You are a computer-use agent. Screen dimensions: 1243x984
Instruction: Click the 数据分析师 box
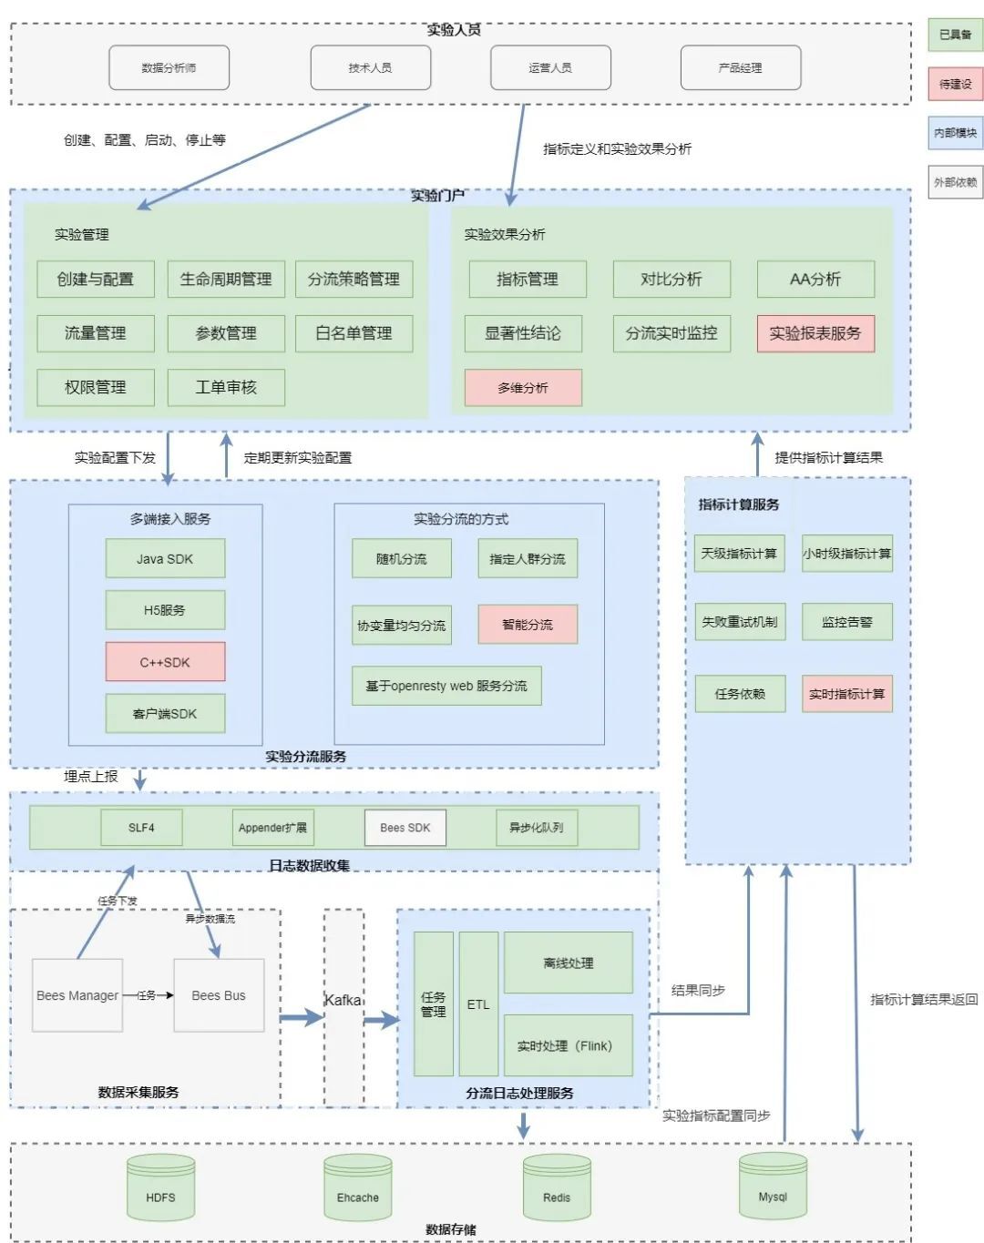click(169, 67)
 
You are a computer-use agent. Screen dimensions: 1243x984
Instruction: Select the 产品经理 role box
click(740, 67)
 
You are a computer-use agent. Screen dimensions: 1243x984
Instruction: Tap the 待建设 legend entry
click(955, 84)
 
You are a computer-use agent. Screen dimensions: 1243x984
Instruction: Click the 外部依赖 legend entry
click(955, 182)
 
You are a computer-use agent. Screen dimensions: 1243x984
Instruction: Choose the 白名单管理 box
click(354, 333)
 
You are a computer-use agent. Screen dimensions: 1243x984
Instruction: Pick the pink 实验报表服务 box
click(815, 333)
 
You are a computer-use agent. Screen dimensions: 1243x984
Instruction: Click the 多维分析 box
click(523, 388)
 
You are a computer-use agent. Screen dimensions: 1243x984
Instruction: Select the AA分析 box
click(815, 279)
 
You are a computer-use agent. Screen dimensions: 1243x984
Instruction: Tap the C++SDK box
click(165, 662)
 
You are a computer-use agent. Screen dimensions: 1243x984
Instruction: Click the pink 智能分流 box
click(528, 625)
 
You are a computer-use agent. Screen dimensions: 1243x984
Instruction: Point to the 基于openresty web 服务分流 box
click(446, 686)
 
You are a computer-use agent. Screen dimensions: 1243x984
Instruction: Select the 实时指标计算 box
click(846, 694)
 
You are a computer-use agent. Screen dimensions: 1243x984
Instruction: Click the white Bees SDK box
click(405, 828)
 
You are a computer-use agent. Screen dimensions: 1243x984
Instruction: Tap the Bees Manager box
click(77, 995)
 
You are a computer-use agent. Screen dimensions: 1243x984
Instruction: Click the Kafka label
click(343, 1000)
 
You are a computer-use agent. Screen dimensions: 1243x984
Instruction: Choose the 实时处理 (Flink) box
click(568, 1045)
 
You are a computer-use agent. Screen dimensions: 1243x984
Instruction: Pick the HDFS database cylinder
click(160, 1188)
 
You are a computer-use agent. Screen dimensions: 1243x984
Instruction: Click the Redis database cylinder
click(557, 1188)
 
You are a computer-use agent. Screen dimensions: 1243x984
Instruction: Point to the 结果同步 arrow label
click(698, 990)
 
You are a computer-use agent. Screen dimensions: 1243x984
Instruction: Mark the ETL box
click(478, 1004)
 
